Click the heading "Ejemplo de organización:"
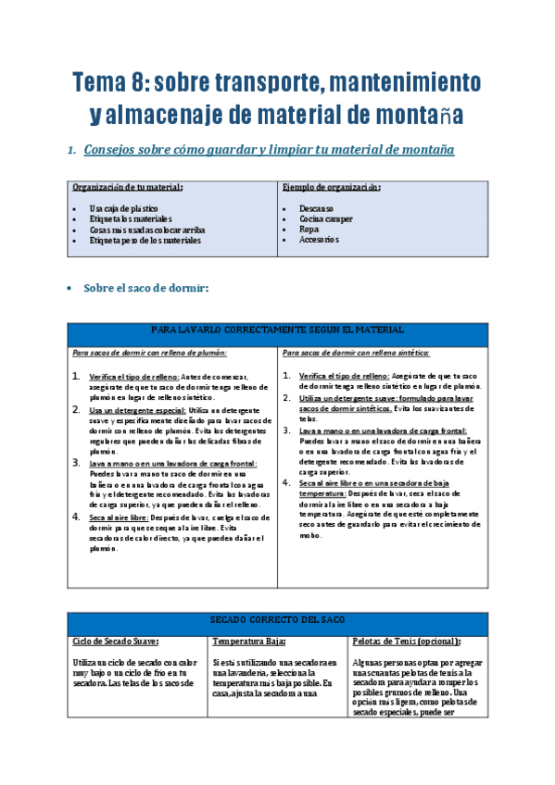(x=331, y=186)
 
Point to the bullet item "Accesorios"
(x=319, y=239)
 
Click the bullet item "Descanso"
(x=316, y=208)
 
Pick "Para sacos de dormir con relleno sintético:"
(x=356, y=353)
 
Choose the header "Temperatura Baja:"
(x=248, y=641)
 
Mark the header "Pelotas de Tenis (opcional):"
(x=407, y=641)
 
